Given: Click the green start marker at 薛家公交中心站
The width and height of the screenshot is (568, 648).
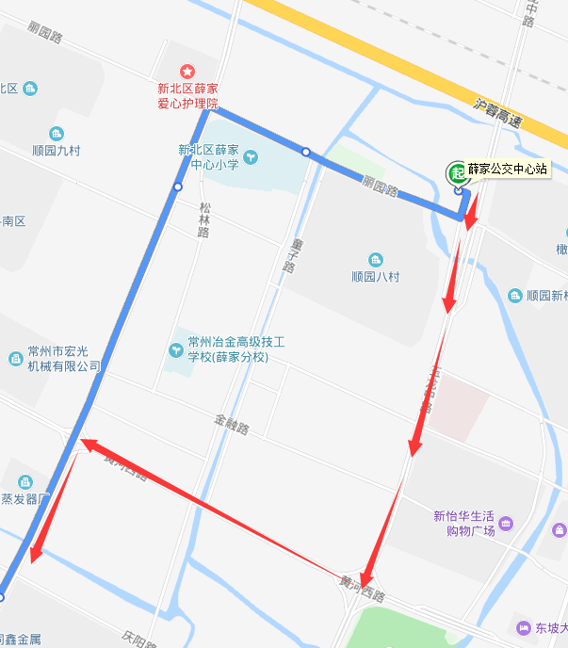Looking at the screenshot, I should pos(457,171).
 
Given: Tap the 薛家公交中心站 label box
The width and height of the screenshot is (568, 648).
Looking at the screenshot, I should pos(508,170).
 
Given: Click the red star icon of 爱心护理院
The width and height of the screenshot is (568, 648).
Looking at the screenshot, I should pos(187,72).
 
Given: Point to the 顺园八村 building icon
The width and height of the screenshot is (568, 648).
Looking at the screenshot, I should pos(376,260).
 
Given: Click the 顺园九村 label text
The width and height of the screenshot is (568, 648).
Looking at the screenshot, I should pos(57,150).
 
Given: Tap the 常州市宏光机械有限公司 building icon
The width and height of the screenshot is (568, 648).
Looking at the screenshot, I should pos(15,358).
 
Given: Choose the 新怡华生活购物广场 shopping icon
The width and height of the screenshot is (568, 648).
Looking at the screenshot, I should pos(506,522).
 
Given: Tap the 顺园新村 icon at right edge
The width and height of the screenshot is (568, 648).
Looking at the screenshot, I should pos(515,295).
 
